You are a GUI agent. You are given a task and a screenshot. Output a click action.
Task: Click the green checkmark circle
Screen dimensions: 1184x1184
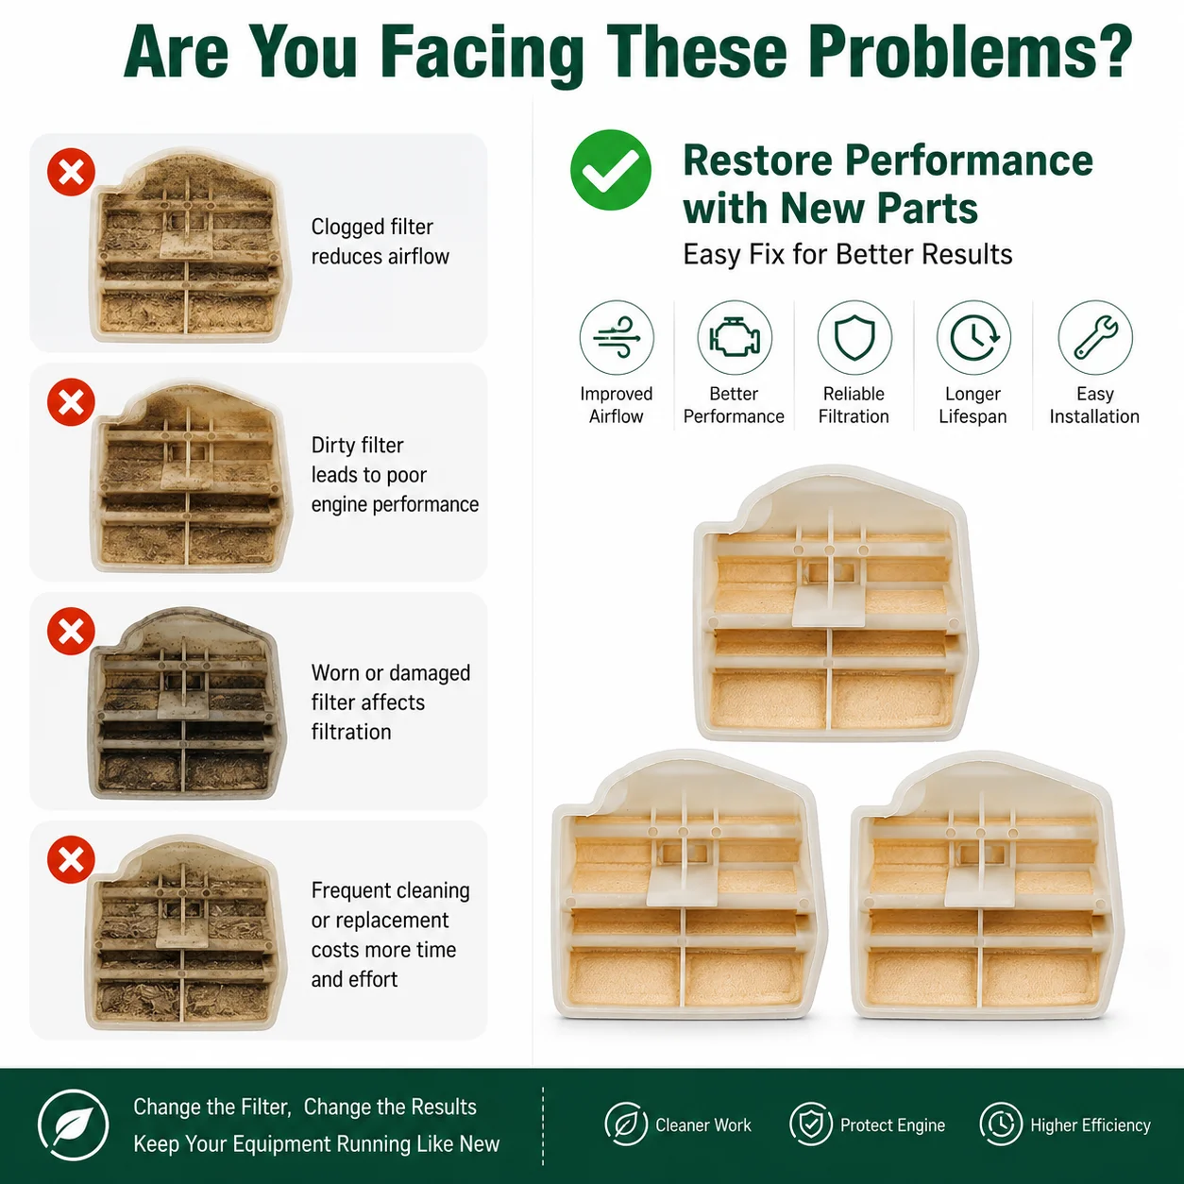610,170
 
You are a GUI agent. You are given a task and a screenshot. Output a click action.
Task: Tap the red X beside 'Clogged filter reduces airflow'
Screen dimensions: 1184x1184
71,172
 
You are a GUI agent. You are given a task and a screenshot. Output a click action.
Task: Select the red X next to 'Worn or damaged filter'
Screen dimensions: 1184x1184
71,631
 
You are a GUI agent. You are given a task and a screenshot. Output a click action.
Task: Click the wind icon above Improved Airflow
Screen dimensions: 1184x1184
617,337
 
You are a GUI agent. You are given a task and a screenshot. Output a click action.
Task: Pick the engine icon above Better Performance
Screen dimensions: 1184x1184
735,337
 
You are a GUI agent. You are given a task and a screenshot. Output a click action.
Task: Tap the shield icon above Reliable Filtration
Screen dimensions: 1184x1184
854,337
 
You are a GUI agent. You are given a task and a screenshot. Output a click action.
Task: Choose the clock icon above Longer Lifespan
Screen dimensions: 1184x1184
973,337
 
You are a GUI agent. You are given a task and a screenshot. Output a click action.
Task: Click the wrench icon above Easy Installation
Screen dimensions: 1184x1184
1095,337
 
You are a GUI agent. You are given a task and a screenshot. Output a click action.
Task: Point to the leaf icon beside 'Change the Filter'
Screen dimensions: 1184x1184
73,1125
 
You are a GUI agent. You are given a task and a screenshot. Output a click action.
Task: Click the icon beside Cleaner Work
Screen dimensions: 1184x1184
626,1125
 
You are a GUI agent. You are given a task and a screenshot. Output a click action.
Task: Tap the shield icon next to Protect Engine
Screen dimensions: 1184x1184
811,1125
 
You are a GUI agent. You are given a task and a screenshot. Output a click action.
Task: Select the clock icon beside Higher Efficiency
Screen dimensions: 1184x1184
1002,1125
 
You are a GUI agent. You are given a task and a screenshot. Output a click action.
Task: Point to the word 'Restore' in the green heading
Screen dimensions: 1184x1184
758,161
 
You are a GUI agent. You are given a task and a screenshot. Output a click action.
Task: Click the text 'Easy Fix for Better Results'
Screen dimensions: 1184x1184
848,254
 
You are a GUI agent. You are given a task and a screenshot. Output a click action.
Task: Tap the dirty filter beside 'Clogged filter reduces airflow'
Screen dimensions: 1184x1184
190,245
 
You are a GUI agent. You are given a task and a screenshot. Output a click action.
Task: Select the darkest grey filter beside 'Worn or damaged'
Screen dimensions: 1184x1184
186,702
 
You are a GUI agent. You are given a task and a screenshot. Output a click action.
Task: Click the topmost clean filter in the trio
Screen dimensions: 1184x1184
835,602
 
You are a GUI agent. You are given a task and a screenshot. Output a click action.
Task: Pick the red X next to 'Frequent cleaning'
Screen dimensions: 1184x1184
71,859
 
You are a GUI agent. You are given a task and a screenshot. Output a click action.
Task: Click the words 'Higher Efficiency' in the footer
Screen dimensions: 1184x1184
1091,1125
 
